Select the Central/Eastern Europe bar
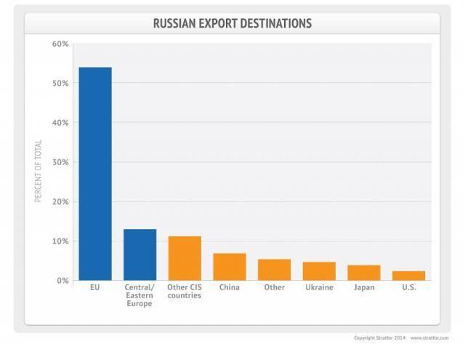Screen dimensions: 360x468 coord(140,255)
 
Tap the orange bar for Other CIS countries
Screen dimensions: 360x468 coord(185,258)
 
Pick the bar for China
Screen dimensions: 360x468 coord(230,266)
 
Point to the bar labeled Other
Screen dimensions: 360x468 coord(274,269)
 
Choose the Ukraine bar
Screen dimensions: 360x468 coord(319,271)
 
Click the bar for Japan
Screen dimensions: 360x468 coord(363,272)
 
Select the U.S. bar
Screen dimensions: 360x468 coord(408,275)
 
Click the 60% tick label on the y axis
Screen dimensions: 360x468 coord(60,44)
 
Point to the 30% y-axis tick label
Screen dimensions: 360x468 coord(60,162)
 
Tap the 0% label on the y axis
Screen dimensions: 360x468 coord(62,280)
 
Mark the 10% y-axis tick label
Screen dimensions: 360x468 coord(60,241)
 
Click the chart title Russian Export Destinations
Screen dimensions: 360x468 coord(232,23)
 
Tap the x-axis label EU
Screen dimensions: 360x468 coord(95,288)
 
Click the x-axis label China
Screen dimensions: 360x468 coord(230,288)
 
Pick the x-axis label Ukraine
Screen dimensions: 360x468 coord(319,288)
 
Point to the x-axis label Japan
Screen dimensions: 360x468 coord(363,288)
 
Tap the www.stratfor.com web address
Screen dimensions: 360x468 coord(429,338)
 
